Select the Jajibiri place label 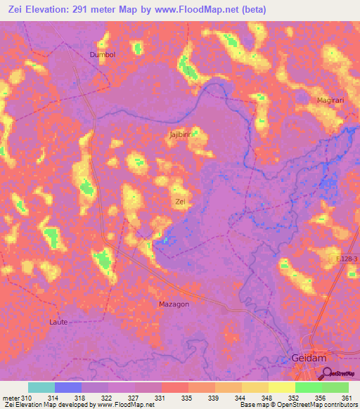[181, 133]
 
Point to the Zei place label [180, 202]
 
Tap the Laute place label [58, 322]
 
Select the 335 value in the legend [188, 398]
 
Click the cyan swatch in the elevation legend [41, 387]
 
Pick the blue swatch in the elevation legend [68, 387]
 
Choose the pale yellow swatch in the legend [282, 387]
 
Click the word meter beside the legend [11, 398]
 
